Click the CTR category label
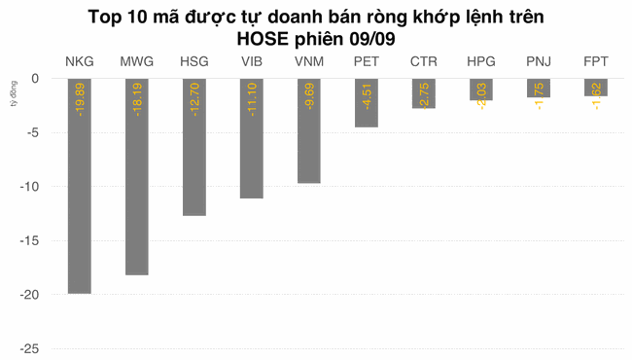(423, 61)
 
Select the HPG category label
(480, 61)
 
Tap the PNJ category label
(538, 61)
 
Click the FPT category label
(596, 61)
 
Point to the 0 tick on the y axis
(34, 79)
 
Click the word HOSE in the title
(264, 38)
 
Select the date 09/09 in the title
(372, 38)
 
